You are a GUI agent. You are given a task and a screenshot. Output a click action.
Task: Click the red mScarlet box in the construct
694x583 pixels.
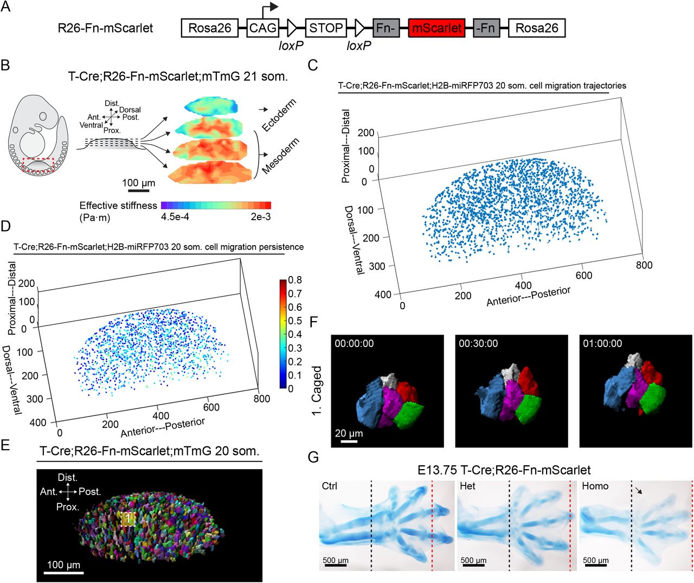437,28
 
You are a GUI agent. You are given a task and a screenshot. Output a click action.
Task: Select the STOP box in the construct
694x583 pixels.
326,28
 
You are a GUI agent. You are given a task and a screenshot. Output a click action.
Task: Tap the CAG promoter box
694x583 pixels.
263,28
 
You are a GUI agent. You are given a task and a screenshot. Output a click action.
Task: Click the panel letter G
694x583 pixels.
313,457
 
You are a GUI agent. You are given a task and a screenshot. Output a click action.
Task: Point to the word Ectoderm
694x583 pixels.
279,115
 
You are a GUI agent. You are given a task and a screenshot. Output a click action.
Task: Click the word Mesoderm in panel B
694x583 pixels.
280,156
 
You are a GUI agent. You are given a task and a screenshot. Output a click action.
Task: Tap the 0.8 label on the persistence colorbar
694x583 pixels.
295,280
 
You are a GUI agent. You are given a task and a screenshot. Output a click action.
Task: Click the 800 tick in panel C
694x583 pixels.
644,265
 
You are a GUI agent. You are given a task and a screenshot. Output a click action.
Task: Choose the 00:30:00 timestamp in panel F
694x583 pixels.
478,344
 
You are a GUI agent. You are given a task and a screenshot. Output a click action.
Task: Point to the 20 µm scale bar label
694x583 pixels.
349,433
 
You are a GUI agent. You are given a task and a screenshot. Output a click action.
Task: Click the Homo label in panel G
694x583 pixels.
595,486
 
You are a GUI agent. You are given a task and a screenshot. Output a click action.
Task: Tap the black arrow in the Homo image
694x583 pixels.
640,490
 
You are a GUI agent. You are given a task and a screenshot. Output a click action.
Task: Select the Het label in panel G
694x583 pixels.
467,486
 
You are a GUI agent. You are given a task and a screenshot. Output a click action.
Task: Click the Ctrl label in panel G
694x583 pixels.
330,486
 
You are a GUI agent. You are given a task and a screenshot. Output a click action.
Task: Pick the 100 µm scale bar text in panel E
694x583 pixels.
63,565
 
